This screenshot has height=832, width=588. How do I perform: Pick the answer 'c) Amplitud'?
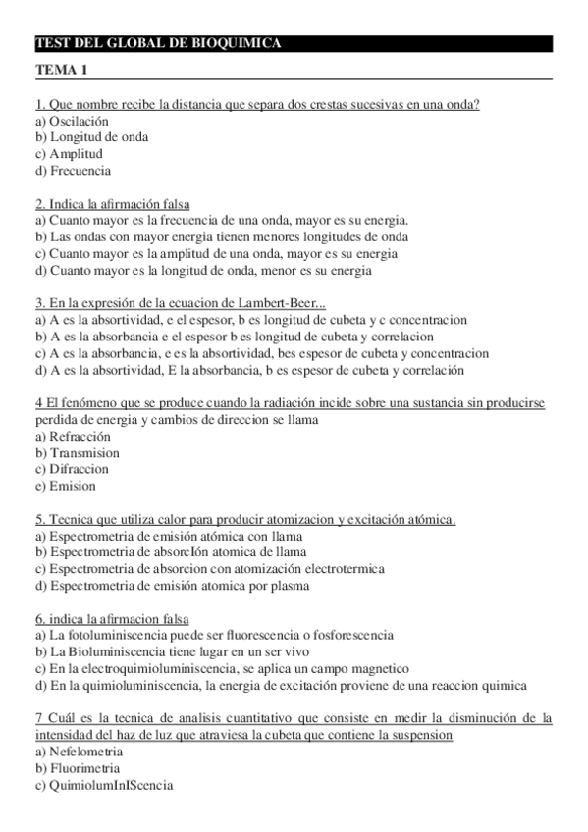point(69,154)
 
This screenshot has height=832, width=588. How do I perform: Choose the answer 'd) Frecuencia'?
point(73,171)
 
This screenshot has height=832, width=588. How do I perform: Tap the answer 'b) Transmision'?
point(77,453)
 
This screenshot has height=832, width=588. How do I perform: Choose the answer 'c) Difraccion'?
point(73,470)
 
